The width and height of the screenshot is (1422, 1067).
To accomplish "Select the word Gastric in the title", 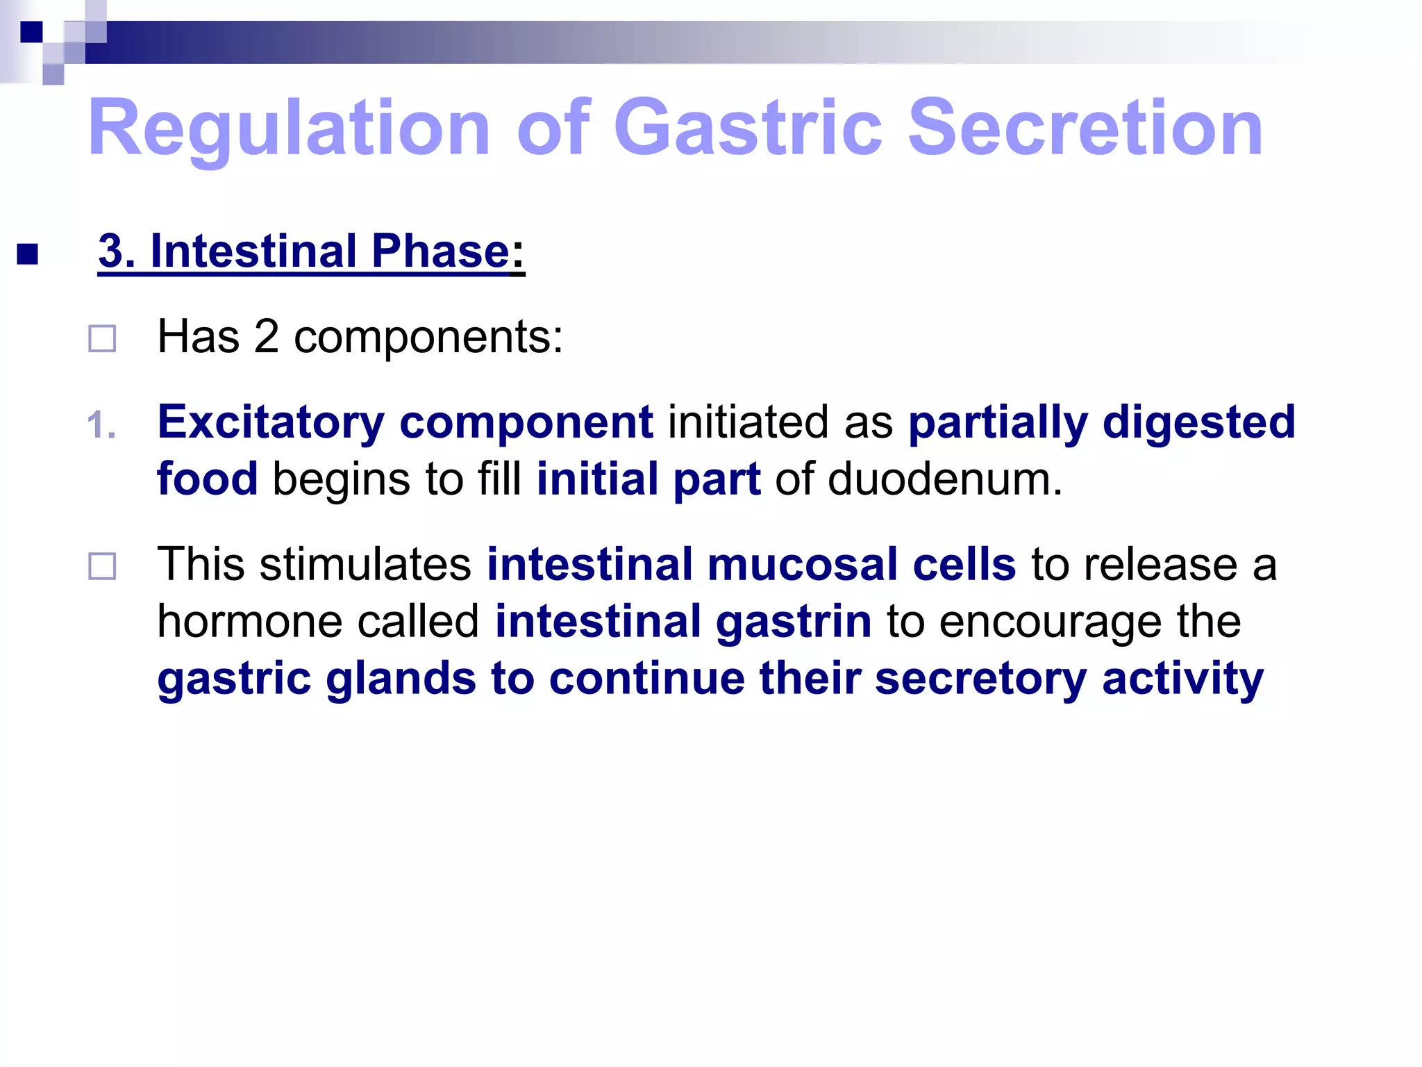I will click(x=748, y=129).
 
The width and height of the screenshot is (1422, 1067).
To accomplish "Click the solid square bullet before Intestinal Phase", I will click(x=27, y=254).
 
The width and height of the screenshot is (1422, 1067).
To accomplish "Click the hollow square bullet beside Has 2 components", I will click(x=102, y=339).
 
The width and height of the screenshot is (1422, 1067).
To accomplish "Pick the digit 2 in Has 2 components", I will click(x=266, y=337).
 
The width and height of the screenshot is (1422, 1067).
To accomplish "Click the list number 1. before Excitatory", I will click(x=101, y=424).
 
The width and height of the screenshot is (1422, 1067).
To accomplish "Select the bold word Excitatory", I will click(x=271, y=423).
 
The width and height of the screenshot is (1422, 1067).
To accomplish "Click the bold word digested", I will click(x=1198, y=423).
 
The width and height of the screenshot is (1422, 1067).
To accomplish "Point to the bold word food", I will click(x=207, y=479).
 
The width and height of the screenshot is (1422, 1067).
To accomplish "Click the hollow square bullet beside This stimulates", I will click(x=102, y=566).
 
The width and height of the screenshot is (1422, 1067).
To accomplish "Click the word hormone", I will click(x=249, y=621).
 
